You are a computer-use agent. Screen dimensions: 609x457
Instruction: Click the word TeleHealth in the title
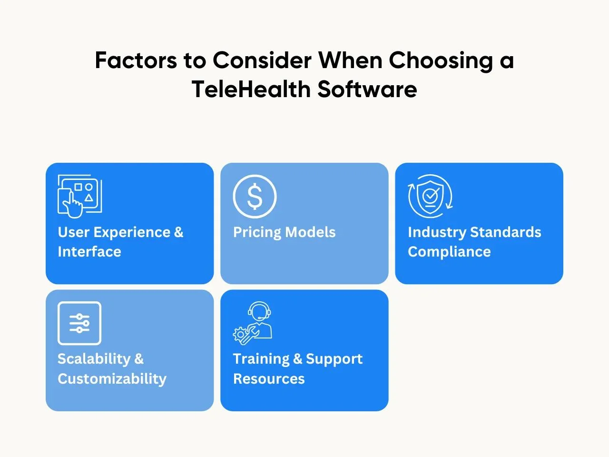[251, 89]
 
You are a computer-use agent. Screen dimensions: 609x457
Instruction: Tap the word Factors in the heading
[136, 60]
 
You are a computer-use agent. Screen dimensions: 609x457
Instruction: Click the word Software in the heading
[367, 89]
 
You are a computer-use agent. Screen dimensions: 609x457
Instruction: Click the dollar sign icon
[255, 197]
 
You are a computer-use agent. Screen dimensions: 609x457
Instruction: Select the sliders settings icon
[79, 323]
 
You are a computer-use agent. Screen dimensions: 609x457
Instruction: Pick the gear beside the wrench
[240, 334]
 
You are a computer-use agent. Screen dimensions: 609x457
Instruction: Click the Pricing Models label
[284, 232]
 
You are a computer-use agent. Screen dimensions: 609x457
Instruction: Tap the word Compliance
[449, 252]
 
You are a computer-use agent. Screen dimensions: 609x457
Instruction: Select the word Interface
[89, 252]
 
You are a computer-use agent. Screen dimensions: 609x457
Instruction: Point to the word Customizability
[112, 379]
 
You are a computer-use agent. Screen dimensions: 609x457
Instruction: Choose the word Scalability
[94, 359]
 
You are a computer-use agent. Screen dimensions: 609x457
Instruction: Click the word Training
[261, 359]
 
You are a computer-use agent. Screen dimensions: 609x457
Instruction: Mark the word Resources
[269, 379]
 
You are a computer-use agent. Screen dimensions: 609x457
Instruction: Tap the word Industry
[437, 232]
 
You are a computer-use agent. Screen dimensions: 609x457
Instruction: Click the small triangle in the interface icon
[89, 198]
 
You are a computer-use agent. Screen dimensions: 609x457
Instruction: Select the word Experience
[132, 232]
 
